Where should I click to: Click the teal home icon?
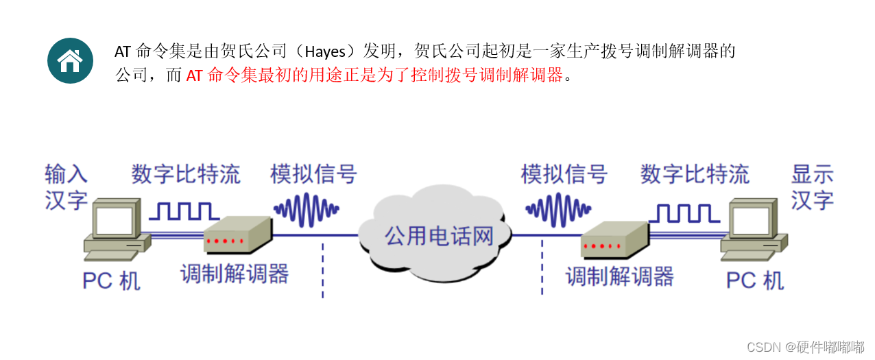click(x=70, y=61)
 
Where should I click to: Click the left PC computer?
click(x=117, y=230)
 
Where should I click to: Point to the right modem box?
click(x=614, y=238)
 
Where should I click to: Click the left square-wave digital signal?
click(x=184, y=211)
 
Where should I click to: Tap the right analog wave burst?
click(x=558, y=208)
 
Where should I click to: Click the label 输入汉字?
click(x=67, y=187)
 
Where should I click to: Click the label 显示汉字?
click(x=813, y=187)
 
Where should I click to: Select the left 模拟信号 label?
click(x=313, y=174)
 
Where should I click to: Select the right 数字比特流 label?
click(x=695, y=174)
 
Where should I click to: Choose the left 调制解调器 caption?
click(x=235, y=274)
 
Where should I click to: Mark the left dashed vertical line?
click(x=322, y=271)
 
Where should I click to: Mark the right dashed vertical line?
click(x=542, y=267)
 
